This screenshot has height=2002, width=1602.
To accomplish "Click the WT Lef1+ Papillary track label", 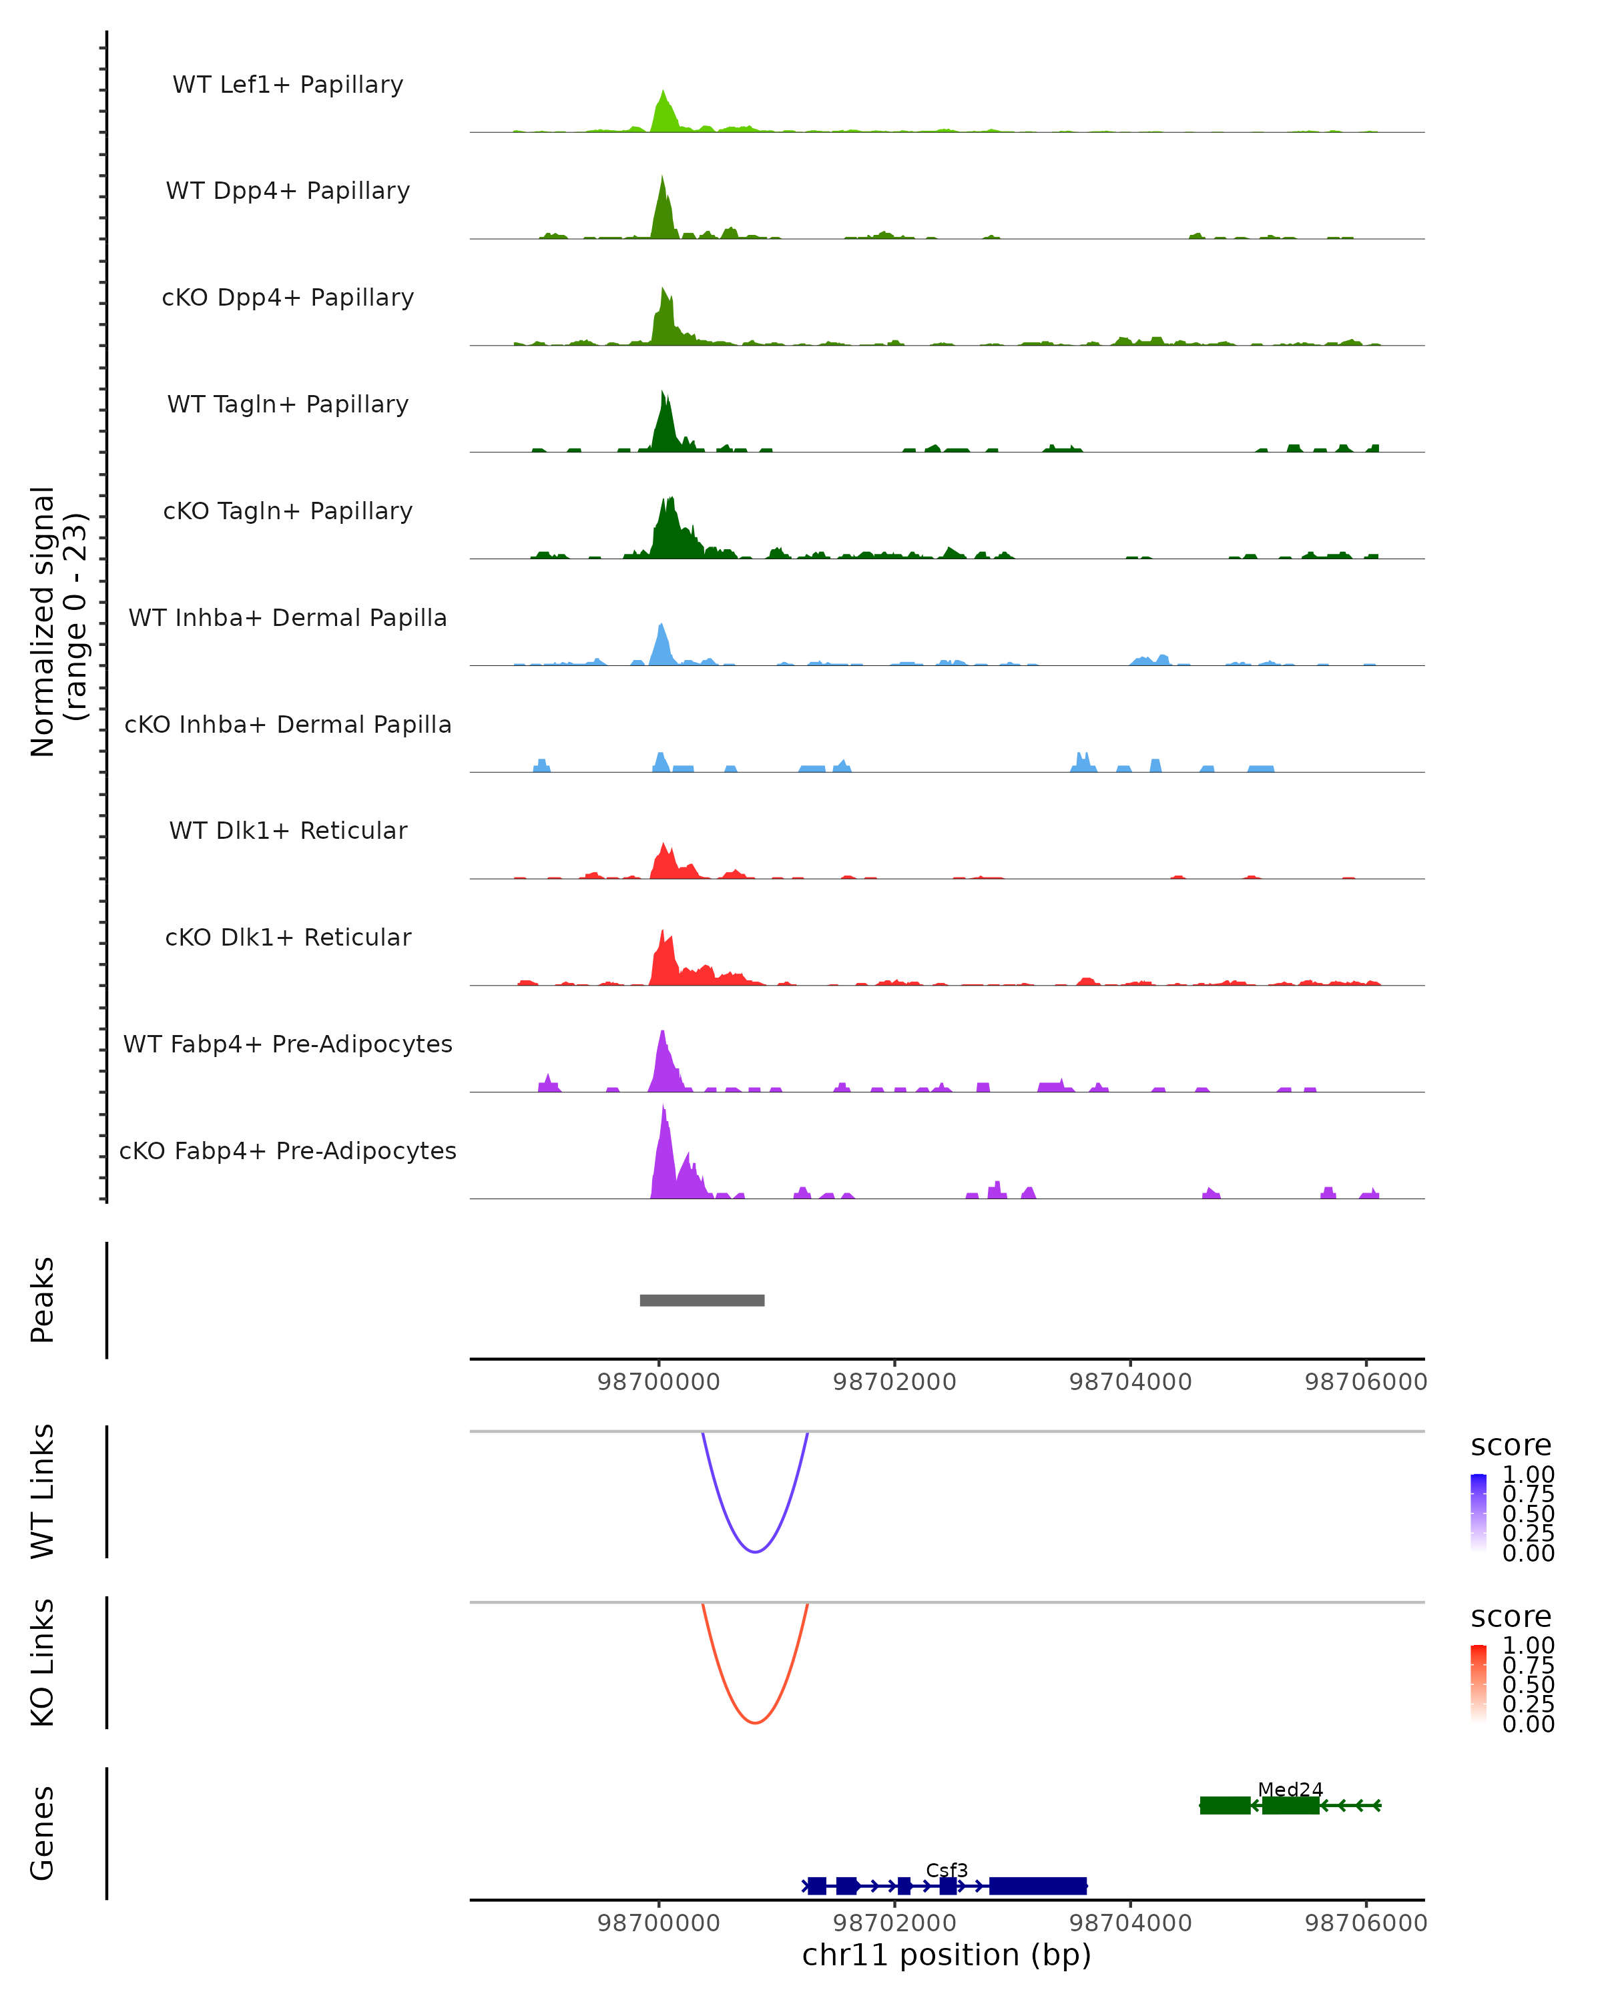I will pyautogui.click(x=288, y=85).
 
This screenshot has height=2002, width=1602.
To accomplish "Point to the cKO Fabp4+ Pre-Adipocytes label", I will pyautogui.click(x=288, y=1150).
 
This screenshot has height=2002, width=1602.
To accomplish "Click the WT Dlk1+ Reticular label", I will pyautogui.click(x=288, y=830).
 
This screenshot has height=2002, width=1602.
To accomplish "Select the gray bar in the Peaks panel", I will pyautogui.click(x=702, y=1300).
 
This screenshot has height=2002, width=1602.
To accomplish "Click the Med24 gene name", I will pyautogui.click(x=1290, y=1789).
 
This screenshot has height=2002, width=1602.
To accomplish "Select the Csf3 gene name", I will pyautogui.click(x=947, y=1870).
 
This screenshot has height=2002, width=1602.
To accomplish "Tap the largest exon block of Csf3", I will pyautogui.click(x=1037, y=1886).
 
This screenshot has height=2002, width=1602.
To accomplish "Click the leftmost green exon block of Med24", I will pyautogui.click(x=1224, y=1805).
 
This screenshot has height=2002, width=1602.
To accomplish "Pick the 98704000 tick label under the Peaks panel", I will pyautogui.click(x=1130, y=1382).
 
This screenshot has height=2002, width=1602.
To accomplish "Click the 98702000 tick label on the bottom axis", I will pyautogui.click(x=894, y=1923).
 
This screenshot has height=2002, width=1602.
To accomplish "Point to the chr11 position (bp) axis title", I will pyautogui.click(x=947, y=1955).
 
